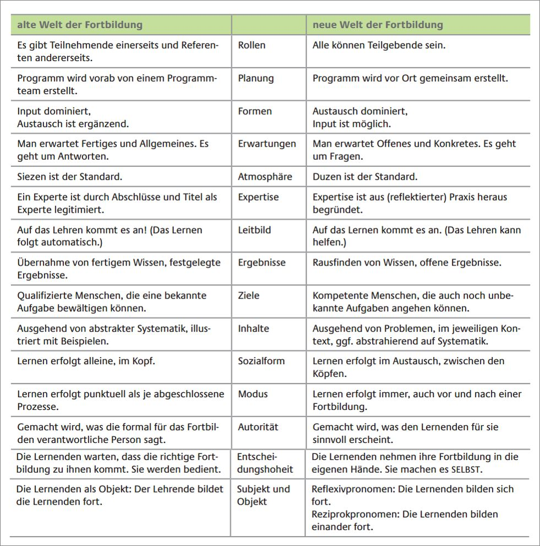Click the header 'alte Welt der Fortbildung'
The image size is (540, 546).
click(x=80, y=25)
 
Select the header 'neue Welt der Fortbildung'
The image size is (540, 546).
click(x=378, y=25)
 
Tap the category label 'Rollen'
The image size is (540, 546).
click(x=252, y=45)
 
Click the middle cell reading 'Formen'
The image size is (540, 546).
click(x=255, y=111)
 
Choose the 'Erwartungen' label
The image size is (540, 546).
click(x=266, y=144)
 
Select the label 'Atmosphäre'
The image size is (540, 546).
click(x=265, y=177)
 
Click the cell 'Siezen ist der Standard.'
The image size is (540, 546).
click(x=69, y=177)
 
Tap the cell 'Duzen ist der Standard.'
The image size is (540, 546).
click(x=365, y=177)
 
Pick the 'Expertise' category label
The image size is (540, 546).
click(x=258, y=197)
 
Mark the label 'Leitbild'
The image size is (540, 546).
click(x=254, y=230)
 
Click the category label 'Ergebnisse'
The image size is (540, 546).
click(x=261, y=262)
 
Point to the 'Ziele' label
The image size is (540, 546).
click(x=248, y=295)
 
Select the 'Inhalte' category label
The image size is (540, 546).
click(x=253, y=328)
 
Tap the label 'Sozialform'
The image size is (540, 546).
click(x=261, y=361)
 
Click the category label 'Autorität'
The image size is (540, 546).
click(x=258, y=426)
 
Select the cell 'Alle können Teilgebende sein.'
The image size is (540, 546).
click(x=379, y=45)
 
